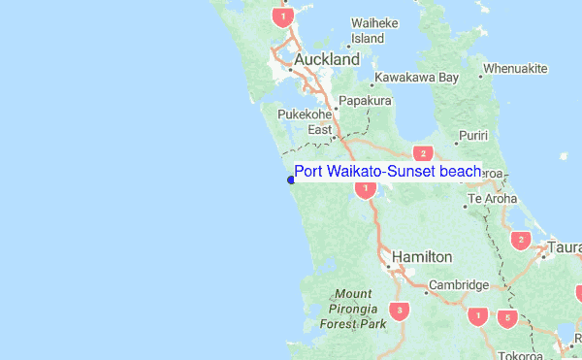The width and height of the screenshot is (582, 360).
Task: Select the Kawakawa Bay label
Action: click(417, 77)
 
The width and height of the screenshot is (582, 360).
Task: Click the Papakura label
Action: click(364, 100)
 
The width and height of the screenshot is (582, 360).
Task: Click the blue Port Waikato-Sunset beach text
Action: click(388, 172)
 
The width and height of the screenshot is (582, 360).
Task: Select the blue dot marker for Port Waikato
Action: click(291, 179)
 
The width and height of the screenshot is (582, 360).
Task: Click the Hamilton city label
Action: click(422, 256)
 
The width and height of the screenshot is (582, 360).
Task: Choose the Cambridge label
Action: click(459, 285)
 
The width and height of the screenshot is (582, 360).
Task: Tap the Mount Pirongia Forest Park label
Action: click(352, 309)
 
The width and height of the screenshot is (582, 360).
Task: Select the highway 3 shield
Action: click(399, 311)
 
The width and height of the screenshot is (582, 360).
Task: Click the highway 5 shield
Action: click(504, 316)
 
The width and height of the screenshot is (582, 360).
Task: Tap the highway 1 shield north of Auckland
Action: click(282, 16)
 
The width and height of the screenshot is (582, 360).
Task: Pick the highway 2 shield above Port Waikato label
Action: click(422, 153)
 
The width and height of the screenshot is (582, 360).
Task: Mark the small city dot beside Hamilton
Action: click(389, 263)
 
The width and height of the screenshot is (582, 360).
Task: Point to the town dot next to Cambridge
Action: click(426, 291)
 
